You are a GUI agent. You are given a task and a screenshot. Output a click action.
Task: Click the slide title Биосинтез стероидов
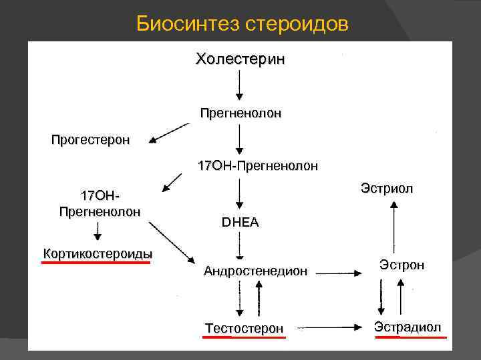242,24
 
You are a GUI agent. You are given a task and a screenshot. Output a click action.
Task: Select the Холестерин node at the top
240,59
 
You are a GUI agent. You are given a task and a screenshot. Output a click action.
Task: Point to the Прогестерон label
91,140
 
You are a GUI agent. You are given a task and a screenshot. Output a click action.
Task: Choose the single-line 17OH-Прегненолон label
258,165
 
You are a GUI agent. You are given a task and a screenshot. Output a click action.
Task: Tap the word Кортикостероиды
98,253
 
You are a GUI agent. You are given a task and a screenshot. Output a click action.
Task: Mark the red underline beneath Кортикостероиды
96,263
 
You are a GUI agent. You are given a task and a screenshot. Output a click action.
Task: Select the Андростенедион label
256,271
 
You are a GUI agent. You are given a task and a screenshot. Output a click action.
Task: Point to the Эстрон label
402,265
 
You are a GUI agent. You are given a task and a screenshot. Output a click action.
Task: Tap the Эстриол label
387,189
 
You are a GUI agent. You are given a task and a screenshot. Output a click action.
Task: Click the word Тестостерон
245,328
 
